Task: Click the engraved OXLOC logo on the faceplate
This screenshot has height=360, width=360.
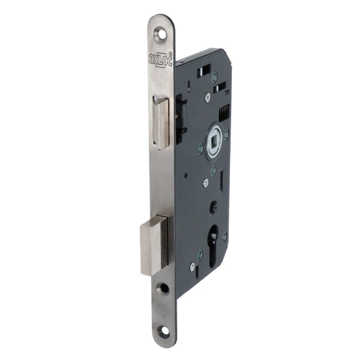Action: pyautogui.click(x=160, y=59)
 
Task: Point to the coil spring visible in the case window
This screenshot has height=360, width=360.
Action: pyautogui.click(x=225, y=113)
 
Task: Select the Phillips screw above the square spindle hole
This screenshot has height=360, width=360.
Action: pyautogui.click(x=208, y=98)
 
